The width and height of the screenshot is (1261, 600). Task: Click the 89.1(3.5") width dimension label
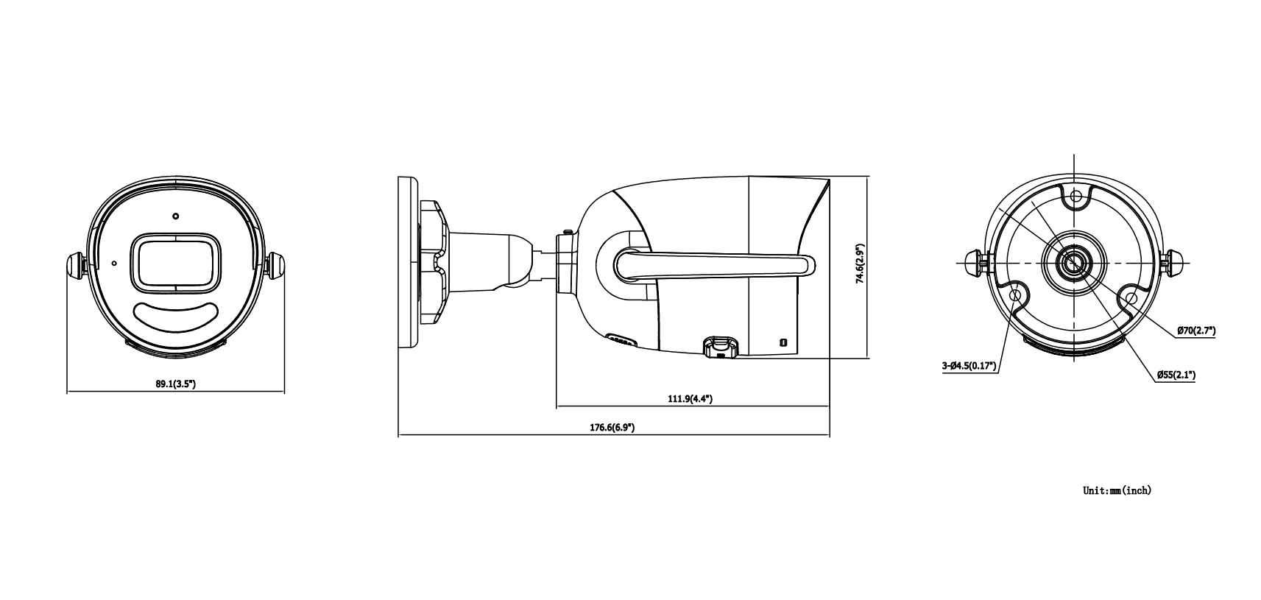(176, 384)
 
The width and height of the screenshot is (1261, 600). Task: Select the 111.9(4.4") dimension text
(690, 398)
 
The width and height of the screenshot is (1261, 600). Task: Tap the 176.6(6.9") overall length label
(612, 427)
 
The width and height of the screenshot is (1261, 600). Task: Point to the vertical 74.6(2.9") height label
(860, 264)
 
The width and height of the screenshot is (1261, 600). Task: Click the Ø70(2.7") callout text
(1196, 331)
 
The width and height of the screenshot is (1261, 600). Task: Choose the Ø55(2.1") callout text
(1176, 374)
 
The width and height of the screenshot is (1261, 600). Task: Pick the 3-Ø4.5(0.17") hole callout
(969, 366)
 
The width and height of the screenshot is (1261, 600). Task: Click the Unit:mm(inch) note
(1117, 490)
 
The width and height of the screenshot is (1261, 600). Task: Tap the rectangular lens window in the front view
(176, 263)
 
